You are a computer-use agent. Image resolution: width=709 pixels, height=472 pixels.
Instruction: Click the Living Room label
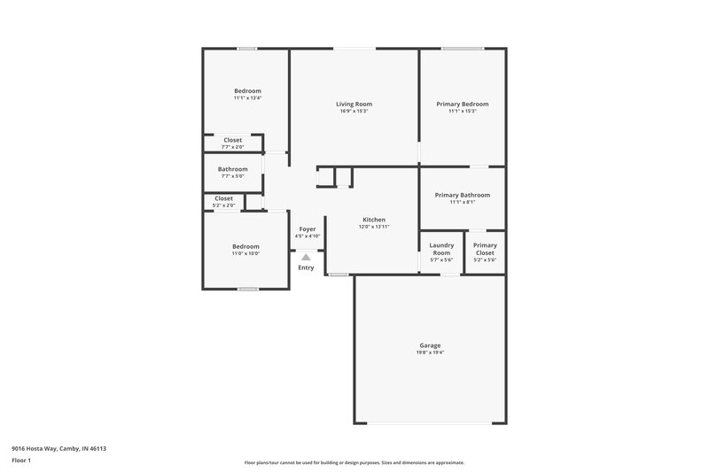point(353,104)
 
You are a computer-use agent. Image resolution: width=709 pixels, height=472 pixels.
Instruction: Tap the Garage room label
point(430,344)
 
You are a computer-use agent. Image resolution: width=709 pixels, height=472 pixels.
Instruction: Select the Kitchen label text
point(373,219)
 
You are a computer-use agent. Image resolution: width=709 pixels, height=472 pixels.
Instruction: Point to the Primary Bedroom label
point(462,104)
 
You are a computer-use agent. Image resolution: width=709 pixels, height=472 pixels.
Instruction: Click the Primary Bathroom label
point(462,195)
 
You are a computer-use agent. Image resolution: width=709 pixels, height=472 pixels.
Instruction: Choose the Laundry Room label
point(441,249)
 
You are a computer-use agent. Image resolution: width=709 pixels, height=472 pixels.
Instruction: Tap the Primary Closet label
point(485,249)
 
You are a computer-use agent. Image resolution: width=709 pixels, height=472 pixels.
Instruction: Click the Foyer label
point(308,228)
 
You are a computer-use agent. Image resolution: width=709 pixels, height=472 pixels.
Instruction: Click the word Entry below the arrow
point(306,267)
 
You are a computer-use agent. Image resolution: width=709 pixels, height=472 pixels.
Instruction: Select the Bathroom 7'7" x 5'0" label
point(233,168)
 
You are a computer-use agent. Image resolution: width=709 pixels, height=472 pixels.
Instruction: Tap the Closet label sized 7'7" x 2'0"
point(233,140)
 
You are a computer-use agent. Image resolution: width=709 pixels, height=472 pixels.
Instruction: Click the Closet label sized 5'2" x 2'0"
point(223,198)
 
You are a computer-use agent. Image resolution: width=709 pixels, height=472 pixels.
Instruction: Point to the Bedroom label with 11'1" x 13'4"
point(247,90)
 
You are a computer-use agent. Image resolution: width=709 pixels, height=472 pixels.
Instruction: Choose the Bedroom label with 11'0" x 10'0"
point(245,246)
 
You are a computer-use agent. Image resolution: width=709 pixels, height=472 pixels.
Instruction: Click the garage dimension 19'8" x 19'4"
point(430,352)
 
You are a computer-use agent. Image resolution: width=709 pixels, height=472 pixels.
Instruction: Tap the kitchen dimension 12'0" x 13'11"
point(373,227)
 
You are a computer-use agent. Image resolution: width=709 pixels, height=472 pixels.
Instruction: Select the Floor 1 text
point(21,461)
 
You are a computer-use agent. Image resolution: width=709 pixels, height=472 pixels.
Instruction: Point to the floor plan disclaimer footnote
point(354,462)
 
